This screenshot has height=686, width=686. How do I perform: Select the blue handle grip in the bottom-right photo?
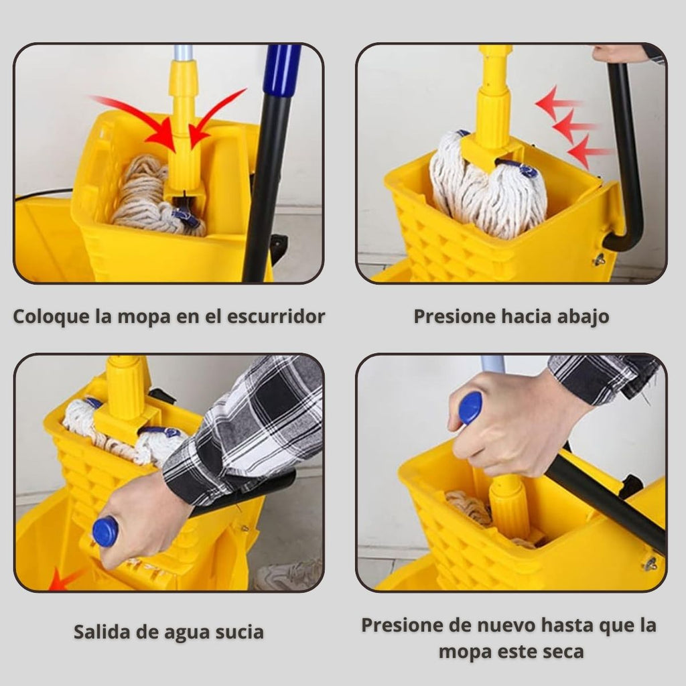(x=470, y=408)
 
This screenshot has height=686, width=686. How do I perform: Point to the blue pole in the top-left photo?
(x=282, y=70)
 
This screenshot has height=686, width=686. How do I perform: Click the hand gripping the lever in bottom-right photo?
(x=508, y=424)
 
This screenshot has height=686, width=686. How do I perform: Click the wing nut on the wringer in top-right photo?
(x=600, y=260)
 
